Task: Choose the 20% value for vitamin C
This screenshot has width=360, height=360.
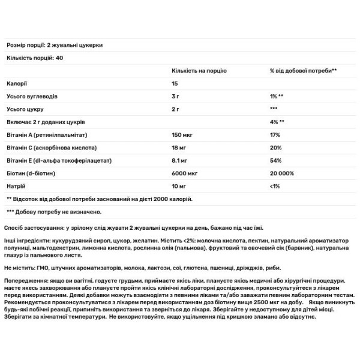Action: point(277,148)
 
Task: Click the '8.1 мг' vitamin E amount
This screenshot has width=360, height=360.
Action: point(178,161)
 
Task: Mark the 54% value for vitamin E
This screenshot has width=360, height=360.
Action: point(277,161)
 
